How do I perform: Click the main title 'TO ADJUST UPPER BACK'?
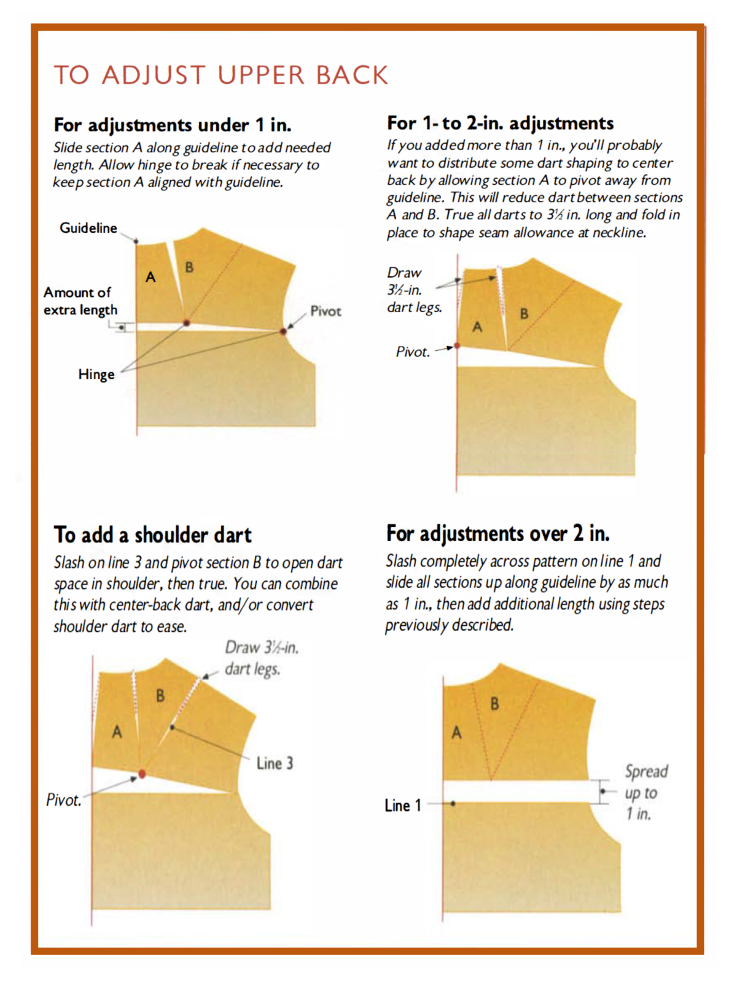[x=221, y=75]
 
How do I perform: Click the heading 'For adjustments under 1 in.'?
[x=173, y=125]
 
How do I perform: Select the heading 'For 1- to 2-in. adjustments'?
[x=500, y=123]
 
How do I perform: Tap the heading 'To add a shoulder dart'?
[x=153, y=535]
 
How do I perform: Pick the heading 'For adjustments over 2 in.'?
[x=497, y=533]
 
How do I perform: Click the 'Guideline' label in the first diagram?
[x=88, y=228]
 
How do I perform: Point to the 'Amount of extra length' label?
[x=80, y=301]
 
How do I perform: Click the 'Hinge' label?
[x=96, y=374]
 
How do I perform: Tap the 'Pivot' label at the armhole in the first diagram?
[x=326, y=311]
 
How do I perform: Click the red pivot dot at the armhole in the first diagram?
[x=283, y=331]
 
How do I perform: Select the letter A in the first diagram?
[x=150, y=278]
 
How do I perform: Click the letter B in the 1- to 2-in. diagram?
[x=524, y=313]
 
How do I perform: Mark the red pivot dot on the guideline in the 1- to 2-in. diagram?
[x=457, y=346]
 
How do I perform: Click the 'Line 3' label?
[x=275, y=763]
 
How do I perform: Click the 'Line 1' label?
[x=403, y=805]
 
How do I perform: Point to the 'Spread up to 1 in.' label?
[x=645, y=792]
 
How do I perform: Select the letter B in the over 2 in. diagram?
[x=494, y=704]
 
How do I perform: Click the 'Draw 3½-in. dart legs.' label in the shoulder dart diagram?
[x=261, y=658]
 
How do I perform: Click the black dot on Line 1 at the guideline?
[x=453, y=803]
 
